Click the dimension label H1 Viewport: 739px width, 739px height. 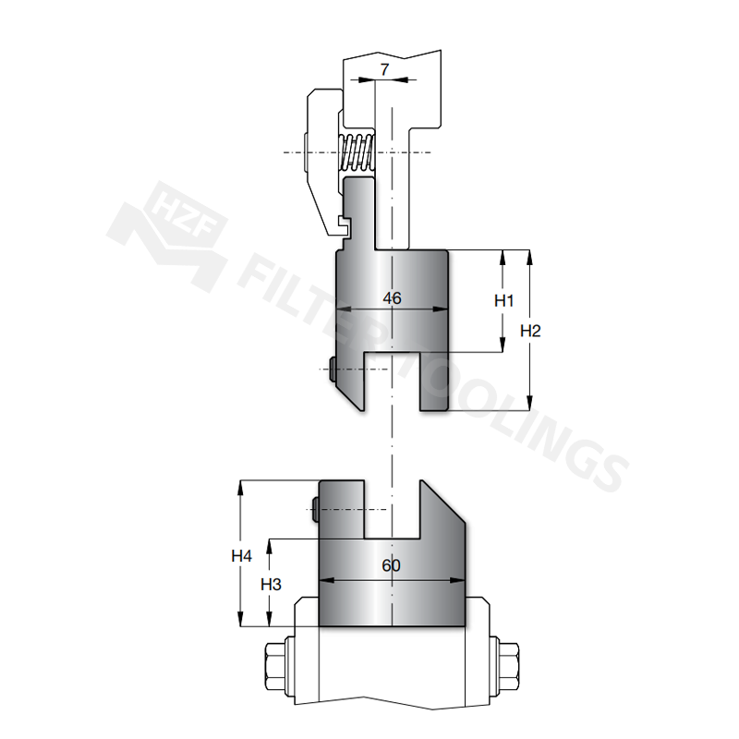pos(503,300)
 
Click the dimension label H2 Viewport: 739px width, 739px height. pos(530,331)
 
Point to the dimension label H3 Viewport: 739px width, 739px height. pos(271,585)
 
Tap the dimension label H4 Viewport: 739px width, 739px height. pos(241,556)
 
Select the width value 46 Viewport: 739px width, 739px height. pos(392,298)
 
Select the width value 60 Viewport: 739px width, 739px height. pos(391,565)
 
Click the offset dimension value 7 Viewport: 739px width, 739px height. pos(384,70)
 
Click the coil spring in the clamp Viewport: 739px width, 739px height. pos(357,152)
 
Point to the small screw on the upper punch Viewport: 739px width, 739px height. pos(333,369)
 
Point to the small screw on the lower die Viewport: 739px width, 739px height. pos(316,509)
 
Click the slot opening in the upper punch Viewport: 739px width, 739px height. pos(392,381)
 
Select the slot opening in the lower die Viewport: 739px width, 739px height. pos(392,510)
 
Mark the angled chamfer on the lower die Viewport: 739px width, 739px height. pos(442,502)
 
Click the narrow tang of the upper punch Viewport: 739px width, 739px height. pos(359,212)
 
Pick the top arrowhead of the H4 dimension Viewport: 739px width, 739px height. pos(241,488)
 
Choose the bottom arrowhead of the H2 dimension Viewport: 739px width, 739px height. pos(529,404)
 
